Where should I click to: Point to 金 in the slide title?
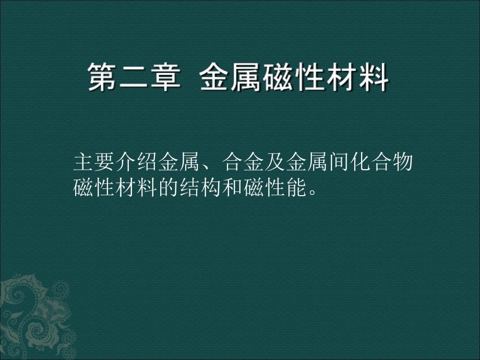click(215, 79)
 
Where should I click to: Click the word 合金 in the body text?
click(243, 163)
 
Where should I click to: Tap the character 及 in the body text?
click(275, 163)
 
